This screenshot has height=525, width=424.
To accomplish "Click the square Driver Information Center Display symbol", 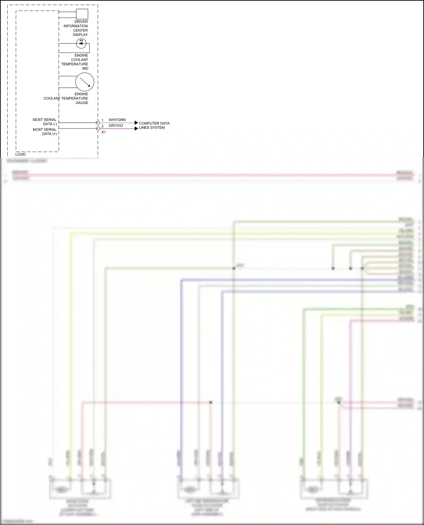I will [x=82, y=14].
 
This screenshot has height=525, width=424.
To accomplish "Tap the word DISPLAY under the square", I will [x=80, y=35].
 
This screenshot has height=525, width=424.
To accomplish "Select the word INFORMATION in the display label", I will [x=75, y=26].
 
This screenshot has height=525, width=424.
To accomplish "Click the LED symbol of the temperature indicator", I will [x=81, y=43].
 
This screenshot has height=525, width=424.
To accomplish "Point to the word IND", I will [x=85, y=69].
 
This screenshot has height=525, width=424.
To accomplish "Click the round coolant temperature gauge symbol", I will [x=85, y=82].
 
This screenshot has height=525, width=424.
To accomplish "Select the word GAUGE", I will [x=82, y=103].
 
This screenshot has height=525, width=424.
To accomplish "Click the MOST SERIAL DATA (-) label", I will [x=45, y=122].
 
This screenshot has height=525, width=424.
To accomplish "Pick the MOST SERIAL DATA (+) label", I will [x=45, y=132].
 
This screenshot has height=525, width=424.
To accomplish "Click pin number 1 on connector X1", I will [x=102, y=120].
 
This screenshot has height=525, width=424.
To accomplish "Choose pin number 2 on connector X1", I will [x=102, y=126].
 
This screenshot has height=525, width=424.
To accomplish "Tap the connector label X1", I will [x=103, y=132].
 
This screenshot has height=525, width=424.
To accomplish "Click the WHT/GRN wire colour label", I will [x=117, y=120].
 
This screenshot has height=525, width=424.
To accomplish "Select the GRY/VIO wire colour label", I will [x=116, y=126].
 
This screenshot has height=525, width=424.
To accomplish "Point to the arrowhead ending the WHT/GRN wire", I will [x=136, y=123].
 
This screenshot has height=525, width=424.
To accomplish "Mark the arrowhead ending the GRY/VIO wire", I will [x=136, y=128].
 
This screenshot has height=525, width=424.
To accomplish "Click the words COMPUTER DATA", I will [x=154, y=123].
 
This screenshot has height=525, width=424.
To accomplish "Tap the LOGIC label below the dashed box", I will [x=21, y=154].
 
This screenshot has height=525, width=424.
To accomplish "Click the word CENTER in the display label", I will [x=80, y=30].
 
